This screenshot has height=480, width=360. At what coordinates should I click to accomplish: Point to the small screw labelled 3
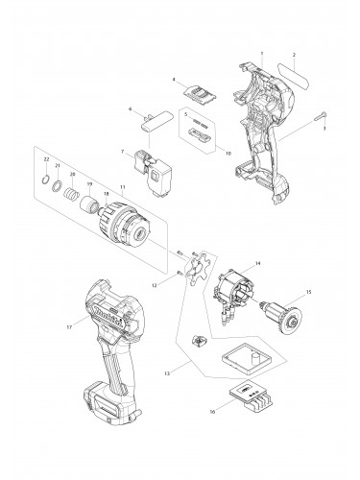pyautogui.click(x=318, y=117)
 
